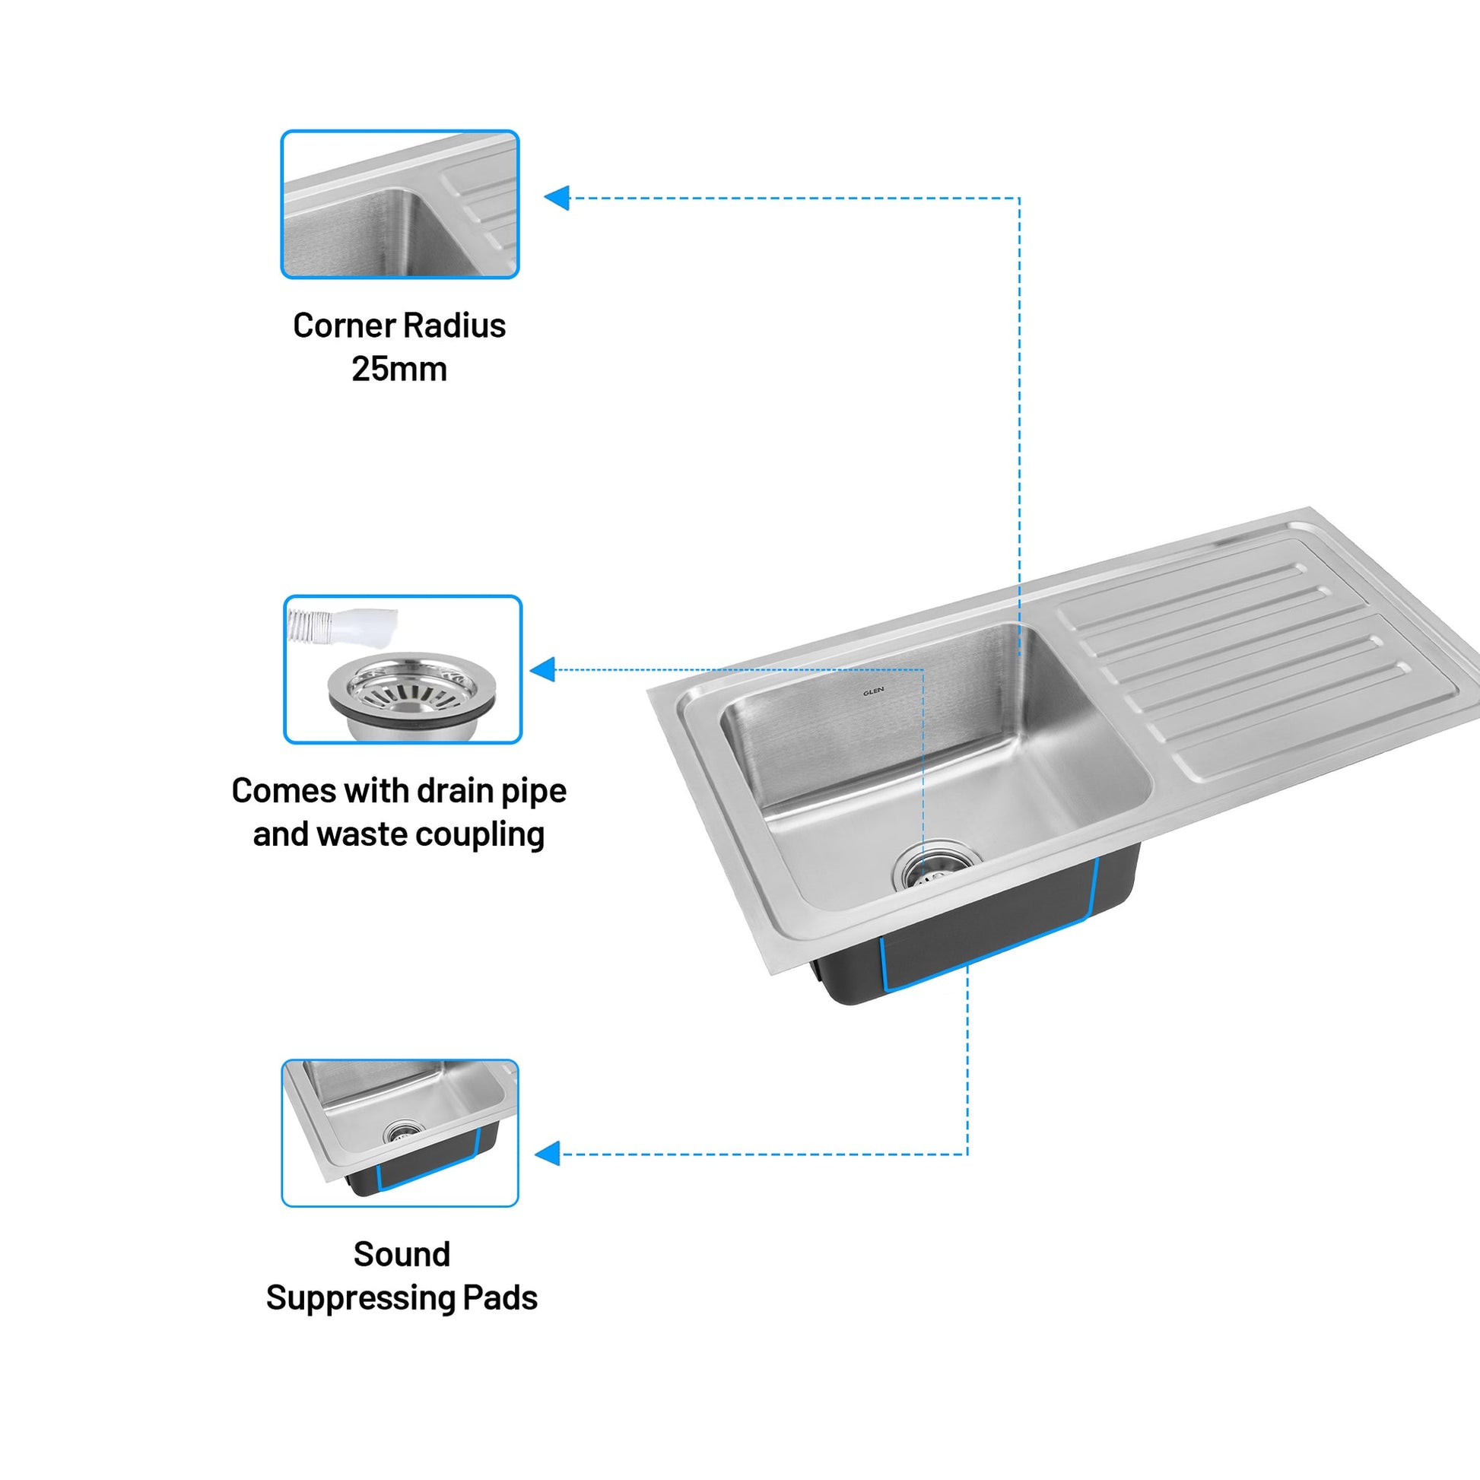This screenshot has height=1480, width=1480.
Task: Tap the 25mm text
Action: [399, 369]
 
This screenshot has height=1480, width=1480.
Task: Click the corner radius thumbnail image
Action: [400, 204]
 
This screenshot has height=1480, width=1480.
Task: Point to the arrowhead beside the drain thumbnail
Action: [542, 669]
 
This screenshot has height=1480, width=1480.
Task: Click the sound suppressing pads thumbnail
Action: [400, 1133]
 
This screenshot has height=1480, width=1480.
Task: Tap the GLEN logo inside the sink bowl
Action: [873, 691]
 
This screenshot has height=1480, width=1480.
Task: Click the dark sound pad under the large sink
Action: [977, 931]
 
